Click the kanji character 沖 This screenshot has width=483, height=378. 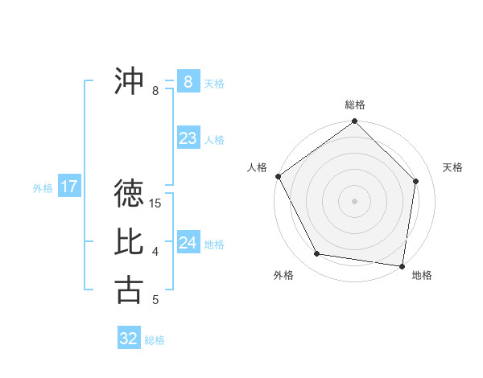(x=129, y=81)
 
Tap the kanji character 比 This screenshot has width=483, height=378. (x=129, y=241)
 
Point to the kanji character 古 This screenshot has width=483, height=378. (x=129, y=290)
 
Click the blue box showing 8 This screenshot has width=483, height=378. (x=188, y=82)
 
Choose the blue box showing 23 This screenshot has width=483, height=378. (x=188, y=138)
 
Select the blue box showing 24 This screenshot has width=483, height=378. (x=188, y=243)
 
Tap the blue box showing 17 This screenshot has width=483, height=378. (x=68, y=187)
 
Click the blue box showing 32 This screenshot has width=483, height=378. (x=129, y=339)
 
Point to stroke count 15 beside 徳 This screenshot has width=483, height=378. (x=155, y=203)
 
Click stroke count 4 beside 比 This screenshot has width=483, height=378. (x=155, y=252)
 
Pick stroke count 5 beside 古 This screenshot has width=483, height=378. (x=155, y=300)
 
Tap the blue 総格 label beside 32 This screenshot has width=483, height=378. (x=155, y=340)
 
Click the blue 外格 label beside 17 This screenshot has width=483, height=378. (x=43, y=189)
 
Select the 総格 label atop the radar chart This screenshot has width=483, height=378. (x=355, y=105)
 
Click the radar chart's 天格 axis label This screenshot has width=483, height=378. (x=453, y=167)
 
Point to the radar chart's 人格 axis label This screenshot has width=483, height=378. (x=258, y=167)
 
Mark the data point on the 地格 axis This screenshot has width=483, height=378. (x=402, y=265)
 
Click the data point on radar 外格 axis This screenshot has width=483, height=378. (x=317, y=254)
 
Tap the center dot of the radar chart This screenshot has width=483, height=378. (x=355, y=200)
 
